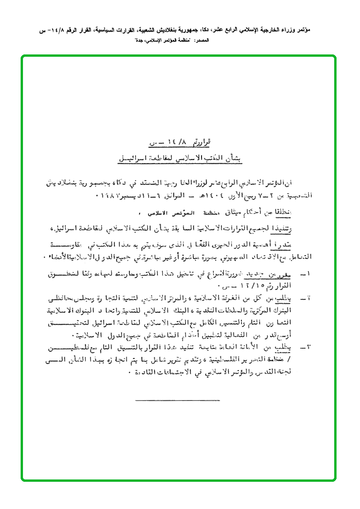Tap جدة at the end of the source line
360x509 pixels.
pyautogui.click(x=140, y=41)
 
